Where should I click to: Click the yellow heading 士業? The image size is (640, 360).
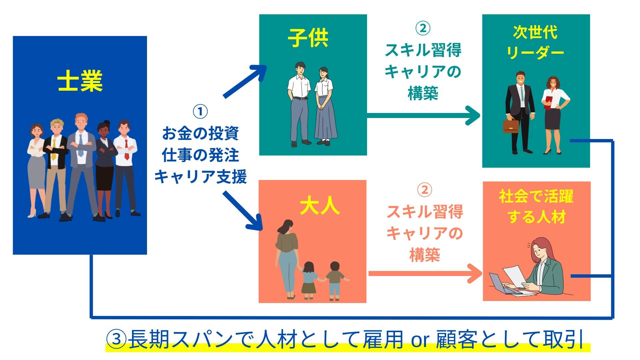[x=80, y=81]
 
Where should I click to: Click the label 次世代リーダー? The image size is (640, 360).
[x=535, y=42]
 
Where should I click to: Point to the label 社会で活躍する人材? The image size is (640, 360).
[x=536, y=207]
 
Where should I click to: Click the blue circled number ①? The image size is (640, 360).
[x=200, y=112]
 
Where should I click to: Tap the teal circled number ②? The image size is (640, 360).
[x=423, y=28]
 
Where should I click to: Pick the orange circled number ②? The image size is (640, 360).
[x=424, y=190]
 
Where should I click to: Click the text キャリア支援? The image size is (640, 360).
[x=200, y=177]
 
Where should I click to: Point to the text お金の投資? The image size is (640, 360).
[x=200, y=133]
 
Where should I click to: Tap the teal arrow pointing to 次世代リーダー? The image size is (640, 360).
[x=423, y=115]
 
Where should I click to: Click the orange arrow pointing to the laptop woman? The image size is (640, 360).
[x=425, y=273]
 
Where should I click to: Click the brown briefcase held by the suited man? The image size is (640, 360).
[x=511, y=126]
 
